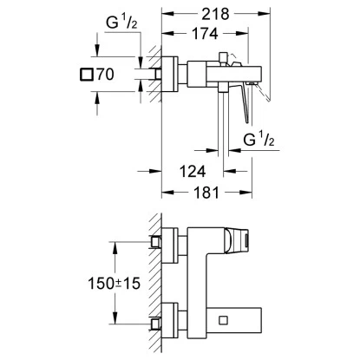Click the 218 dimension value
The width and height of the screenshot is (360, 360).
pos(215,14)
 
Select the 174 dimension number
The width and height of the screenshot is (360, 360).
pos(205,34)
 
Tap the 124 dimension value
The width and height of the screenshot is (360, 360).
pos(193,172)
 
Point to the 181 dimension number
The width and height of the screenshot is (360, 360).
pos(206,193)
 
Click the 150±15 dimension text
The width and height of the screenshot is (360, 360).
pos(114,283)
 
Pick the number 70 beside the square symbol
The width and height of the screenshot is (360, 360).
pos(105,75)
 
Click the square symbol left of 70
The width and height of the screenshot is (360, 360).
pos(87,75)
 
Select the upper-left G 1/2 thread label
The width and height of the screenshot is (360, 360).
pos(121,22)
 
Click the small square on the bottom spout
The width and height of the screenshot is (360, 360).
pos(223,320)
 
